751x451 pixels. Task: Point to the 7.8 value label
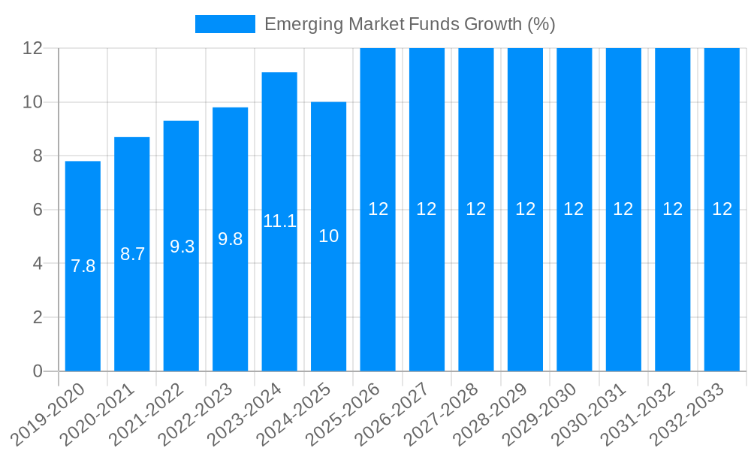point(83,266)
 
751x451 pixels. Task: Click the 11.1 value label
point(279,221)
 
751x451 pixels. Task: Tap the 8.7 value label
point(132,254)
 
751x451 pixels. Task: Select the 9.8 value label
point(230,239)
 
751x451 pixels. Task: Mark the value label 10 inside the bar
point(328,236)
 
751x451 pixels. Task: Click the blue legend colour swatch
point(225,24)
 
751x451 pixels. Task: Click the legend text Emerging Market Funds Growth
point(410,24)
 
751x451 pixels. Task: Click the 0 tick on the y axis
point(38,371)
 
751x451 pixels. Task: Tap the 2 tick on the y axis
point(38,317)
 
